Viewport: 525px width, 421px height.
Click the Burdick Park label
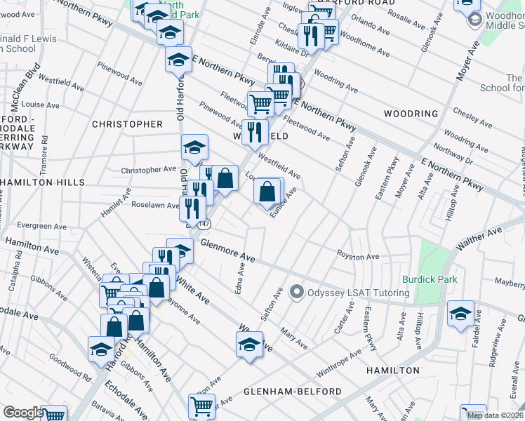point(429,279)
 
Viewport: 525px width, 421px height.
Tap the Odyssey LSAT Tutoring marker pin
point(297,292)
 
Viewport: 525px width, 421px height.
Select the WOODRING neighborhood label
point(411,114)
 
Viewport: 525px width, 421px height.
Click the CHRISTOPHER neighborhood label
point(127,124)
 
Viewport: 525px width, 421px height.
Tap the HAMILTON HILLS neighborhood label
point(42,182)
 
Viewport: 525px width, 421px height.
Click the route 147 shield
point(204,224)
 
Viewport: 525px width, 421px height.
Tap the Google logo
point(22,413)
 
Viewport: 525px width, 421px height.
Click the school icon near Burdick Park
point(460,314)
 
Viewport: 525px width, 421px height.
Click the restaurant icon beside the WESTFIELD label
point(255,131)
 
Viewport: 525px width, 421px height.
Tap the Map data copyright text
point(495,415)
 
